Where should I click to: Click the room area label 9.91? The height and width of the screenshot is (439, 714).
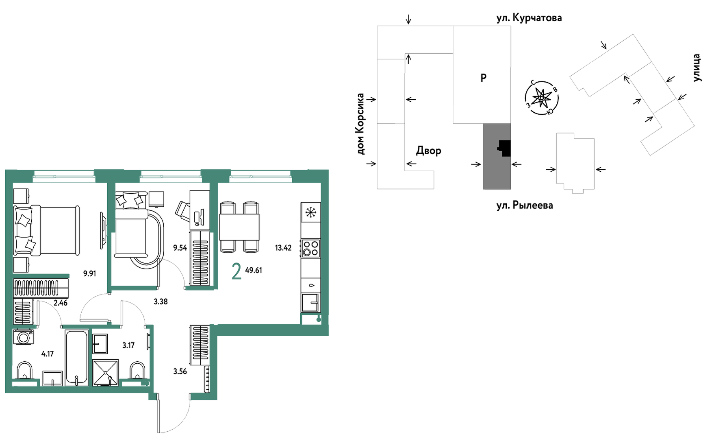pyautogui.click(x=89, y=273)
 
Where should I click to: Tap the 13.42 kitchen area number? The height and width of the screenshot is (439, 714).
pyautogui.click(x=283, y=248)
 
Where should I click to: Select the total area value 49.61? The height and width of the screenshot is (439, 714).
pyautogui.click(x=254, y=270)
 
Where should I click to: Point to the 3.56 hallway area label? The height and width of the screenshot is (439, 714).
pyautogui.click(x=180, y=371)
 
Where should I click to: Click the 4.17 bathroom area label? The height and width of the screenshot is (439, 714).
pyautogui.click(x=48, y=354)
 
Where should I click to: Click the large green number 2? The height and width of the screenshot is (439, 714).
pyautogui.click(x=237, y=271)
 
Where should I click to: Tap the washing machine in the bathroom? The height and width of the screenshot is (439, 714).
pyautogui.click(x=23, y=337)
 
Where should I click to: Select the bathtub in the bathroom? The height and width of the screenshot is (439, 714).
pyautogui.click(x=76, y=358)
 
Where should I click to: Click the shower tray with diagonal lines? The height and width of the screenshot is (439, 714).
pyautogui.click(x=106, y=372)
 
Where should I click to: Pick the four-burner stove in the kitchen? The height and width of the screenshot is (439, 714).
pyautogui.click(x=310, y=248)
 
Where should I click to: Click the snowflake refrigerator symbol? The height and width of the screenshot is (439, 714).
pyautogui.click(x=311, y=212)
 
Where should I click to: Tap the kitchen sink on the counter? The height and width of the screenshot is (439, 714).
pyautogui.click(x=311, y=303)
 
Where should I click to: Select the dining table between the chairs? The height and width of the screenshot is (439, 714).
pyautogui.click(x=239, y=227)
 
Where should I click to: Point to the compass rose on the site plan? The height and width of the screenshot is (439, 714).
pyautogui.click(x=542, y=98)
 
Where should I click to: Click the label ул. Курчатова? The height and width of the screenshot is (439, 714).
pyautogui.click(x=529, y=18)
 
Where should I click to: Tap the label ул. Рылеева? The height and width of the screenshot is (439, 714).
pyautogui.click(x=525, y=205)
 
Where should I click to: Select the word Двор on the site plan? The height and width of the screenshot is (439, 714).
pyautogui.click(x=428, y=151)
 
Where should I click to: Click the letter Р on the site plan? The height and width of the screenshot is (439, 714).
pyautogui.click(x=484, y=77)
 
